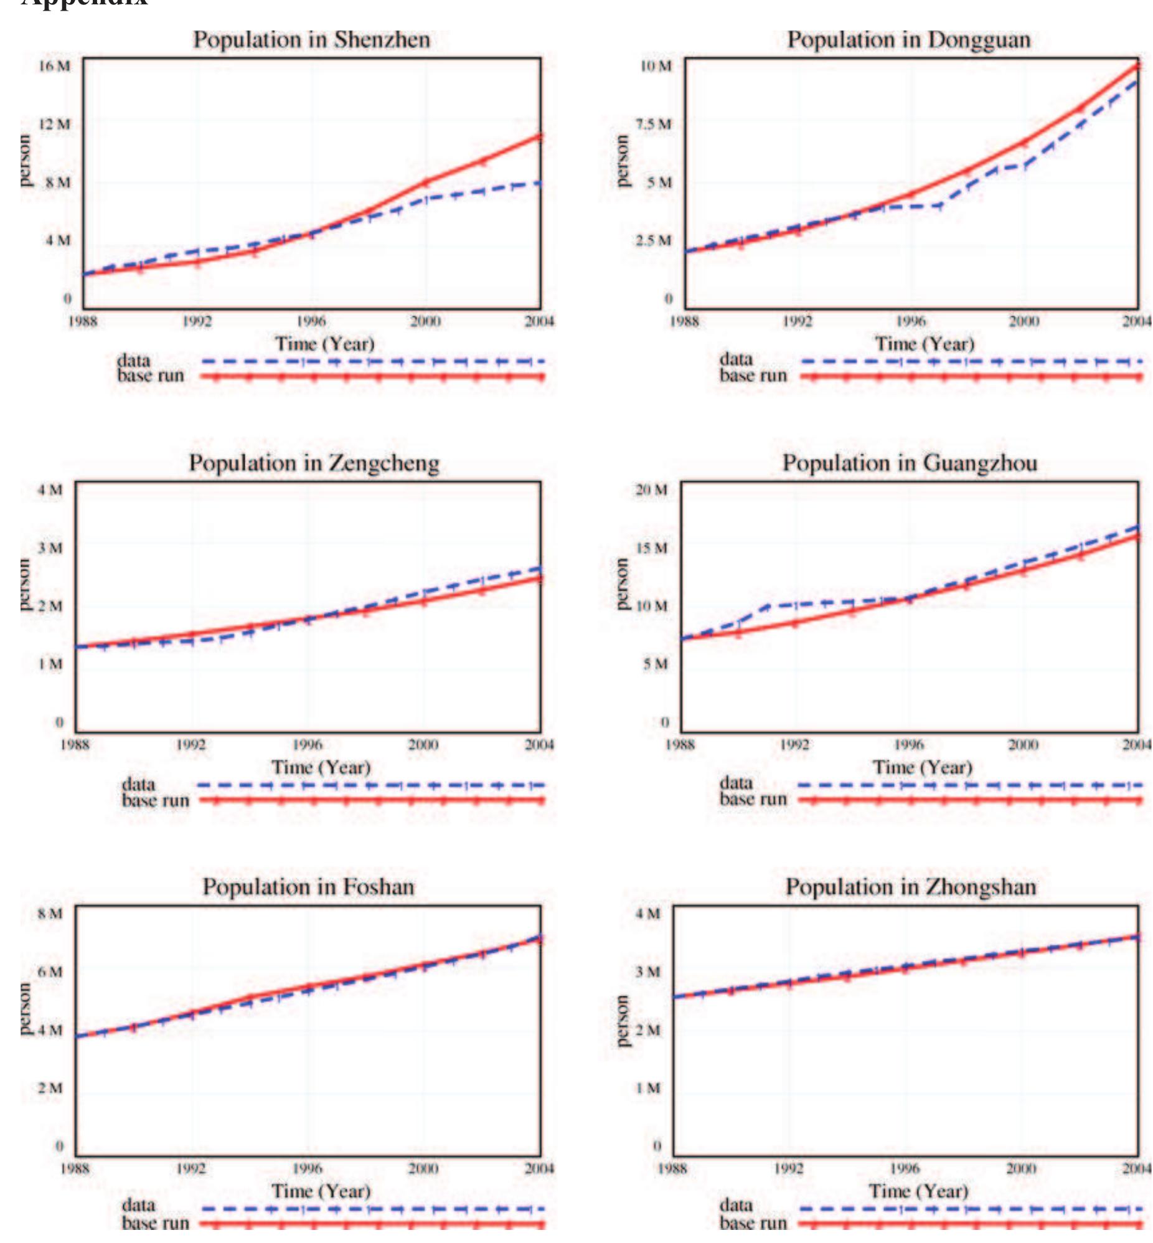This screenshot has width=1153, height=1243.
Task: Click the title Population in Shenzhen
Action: tap(311, 40)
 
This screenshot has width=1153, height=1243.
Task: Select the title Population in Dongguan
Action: tap(908, 40)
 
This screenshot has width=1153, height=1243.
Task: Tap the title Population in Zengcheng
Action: tap(314, 463)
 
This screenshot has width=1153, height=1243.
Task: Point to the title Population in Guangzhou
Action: tap(910, 463)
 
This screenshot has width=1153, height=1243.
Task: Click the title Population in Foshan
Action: tap(308, 887)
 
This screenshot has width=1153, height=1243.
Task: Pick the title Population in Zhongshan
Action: tap(910, 887)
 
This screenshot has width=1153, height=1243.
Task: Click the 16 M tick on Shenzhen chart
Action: tap(54, 66)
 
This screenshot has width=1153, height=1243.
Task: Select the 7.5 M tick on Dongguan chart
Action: tap(654, 124)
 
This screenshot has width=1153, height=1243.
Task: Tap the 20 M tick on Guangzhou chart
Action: tap(651, 490)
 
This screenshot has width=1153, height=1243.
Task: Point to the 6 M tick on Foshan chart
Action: tap(50, 971)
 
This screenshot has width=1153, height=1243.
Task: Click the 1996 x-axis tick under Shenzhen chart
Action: tap(311, 321)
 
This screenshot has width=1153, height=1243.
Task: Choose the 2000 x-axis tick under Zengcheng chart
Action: tap(423, 745)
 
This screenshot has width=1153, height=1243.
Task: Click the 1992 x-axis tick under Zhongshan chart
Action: tap(788, 1168)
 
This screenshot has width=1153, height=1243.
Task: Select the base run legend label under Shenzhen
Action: tap(151, 376)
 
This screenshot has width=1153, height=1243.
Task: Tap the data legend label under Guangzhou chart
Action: tap(737, 783)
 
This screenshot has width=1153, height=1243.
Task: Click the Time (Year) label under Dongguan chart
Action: tap(924, 344)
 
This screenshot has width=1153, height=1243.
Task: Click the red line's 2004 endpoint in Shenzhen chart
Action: tap(540, 136)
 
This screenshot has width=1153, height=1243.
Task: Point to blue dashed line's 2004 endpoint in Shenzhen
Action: tap(540, 183)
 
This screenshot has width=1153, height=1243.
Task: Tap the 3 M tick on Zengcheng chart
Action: tap(50, 548)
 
